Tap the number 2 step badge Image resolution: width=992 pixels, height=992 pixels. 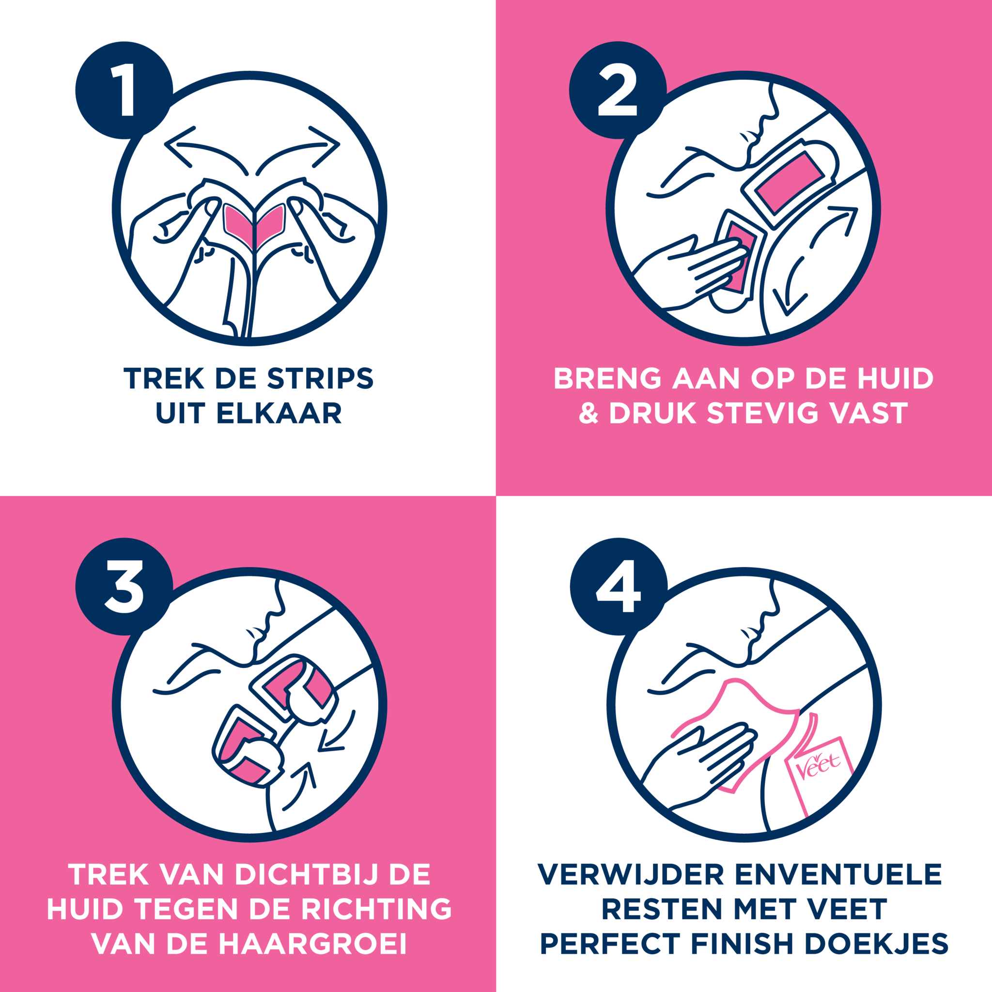click(618, 90)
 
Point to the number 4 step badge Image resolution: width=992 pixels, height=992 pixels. click(619, 587)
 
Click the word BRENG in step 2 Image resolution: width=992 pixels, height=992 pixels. click(607, 378)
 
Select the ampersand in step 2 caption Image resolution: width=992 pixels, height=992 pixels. click(589, 413)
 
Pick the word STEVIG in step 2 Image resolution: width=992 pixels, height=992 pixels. click(762, 413)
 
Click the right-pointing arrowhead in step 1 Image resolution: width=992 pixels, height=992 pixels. click(325, 146)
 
